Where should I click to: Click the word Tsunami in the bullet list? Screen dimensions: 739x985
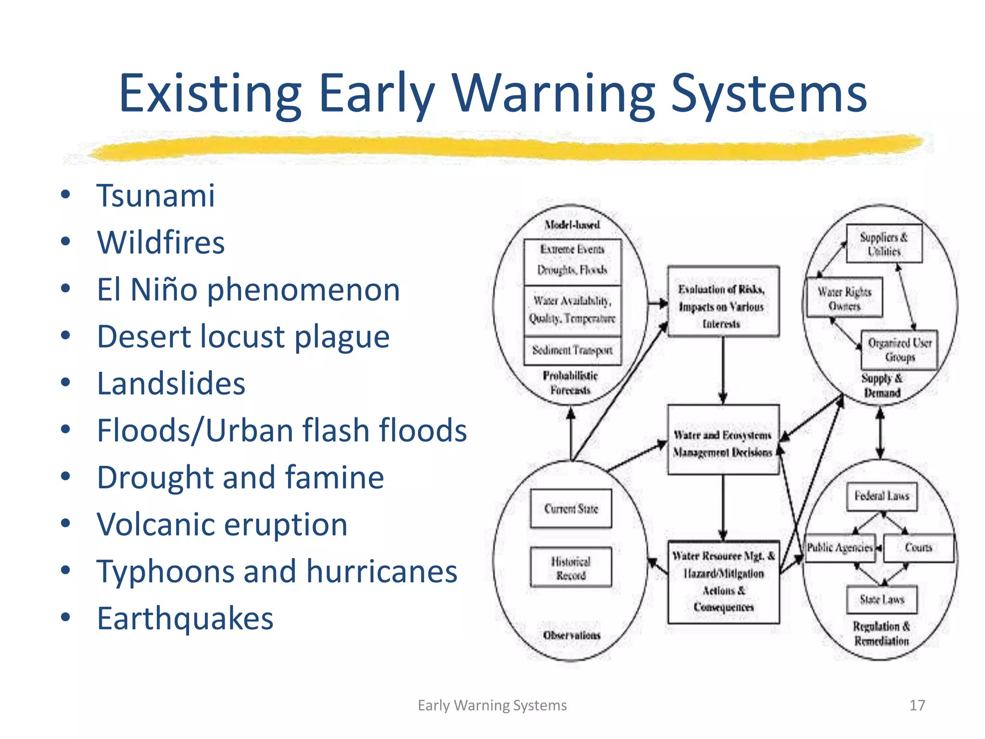(x=155, y=196)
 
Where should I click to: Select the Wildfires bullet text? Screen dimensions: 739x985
(x=161, y=242)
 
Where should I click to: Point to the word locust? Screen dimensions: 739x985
(x=242, y=336)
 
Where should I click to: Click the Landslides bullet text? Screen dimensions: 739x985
(x=171, y=383)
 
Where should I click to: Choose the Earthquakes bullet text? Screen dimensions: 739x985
(x=185, y=618)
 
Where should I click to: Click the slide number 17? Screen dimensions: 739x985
(x=917, y=705)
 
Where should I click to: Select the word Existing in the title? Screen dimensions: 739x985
(x=210, y=93)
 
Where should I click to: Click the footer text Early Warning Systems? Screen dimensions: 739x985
(x=492, y=705)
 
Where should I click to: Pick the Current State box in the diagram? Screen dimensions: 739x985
(x=571, y=509)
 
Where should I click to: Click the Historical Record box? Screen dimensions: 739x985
(x=571, y=567)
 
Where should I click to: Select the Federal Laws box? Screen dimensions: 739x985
(x=882, y=496)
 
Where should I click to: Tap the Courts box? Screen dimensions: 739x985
(x=918, y=548)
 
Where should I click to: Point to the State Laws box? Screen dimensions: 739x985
(x=882, y=599)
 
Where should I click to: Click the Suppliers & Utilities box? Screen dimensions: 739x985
(x=884, y=244)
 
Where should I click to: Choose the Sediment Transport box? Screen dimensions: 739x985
(x=572, y=350)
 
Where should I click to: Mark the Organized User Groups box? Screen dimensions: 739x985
(x=899, y=350)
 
